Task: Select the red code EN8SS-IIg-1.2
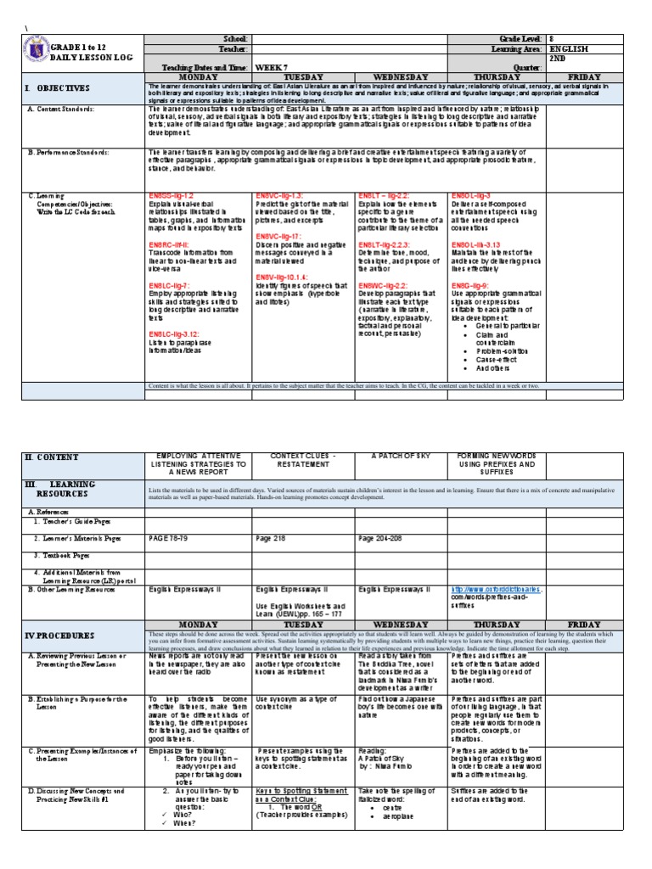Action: coord(171,196)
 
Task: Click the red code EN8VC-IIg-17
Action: coord(279,235)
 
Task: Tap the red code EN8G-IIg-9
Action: coord(471,286)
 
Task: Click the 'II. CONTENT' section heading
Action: coord(52,457)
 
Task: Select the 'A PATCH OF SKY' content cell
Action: coord(396,457)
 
